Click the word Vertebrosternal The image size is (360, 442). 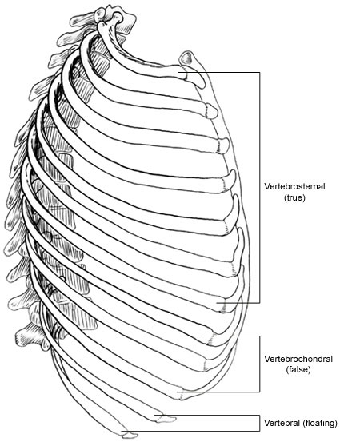coord(294,186)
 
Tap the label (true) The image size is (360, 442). coord(294,197)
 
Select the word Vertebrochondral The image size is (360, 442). coord(298,359)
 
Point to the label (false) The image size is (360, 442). coord(298,369)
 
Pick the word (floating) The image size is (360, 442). coord(320,423)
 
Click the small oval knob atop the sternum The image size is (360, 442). coord(186,58)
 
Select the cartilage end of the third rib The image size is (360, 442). coord(224,145)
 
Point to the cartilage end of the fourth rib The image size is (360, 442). coord(230,181)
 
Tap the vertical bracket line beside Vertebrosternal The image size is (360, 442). coord(259,188)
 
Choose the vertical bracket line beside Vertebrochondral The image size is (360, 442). coord(259,364)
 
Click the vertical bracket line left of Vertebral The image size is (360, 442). coord(259,423)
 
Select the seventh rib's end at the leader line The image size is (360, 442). coord(221,306)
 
